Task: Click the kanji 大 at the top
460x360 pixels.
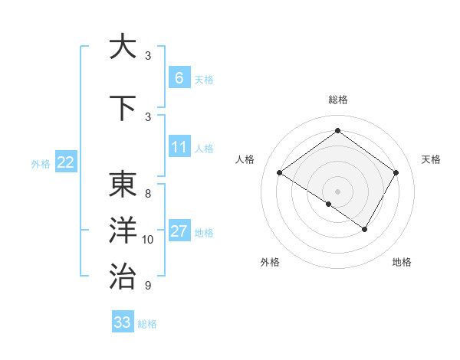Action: pos(123,47)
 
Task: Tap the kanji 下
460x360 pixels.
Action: pos(123,109)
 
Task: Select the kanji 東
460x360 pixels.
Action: pos(123,185)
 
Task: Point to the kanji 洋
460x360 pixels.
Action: pos(123,231)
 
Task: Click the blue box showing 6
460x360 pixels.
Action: pos(179,78)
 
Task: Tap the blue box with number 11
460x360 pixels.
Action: pos(179,147)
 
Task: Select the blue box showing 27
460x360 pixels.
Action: pos(179,231)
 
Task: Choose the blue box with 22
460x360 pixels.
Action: pos(65,162)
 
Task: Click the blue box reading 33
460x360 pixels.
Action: pos(123,322)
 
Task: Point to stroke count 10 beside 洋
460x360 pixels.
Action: pos(148,240)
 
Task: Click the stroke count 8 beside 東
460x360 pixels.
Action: pos(148,194)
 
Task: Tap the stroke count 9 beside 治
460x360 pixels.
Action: pos(148,286)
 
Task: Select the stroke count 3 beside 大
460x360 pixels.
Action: pos(148,56)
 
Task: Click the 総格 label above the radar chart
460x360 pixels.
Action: pos(337,100)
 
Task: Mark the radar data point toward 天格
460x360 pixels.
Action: pos(396,173)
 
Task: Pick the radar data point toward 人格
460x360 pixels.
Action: pos(280,173)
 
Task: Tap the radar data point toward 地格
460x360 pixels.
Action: pos(365,229)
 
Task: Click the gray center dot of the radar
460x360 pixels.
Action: pos(337,191)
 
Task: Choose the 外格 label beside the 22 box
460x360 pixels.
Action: pos(40,163)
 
